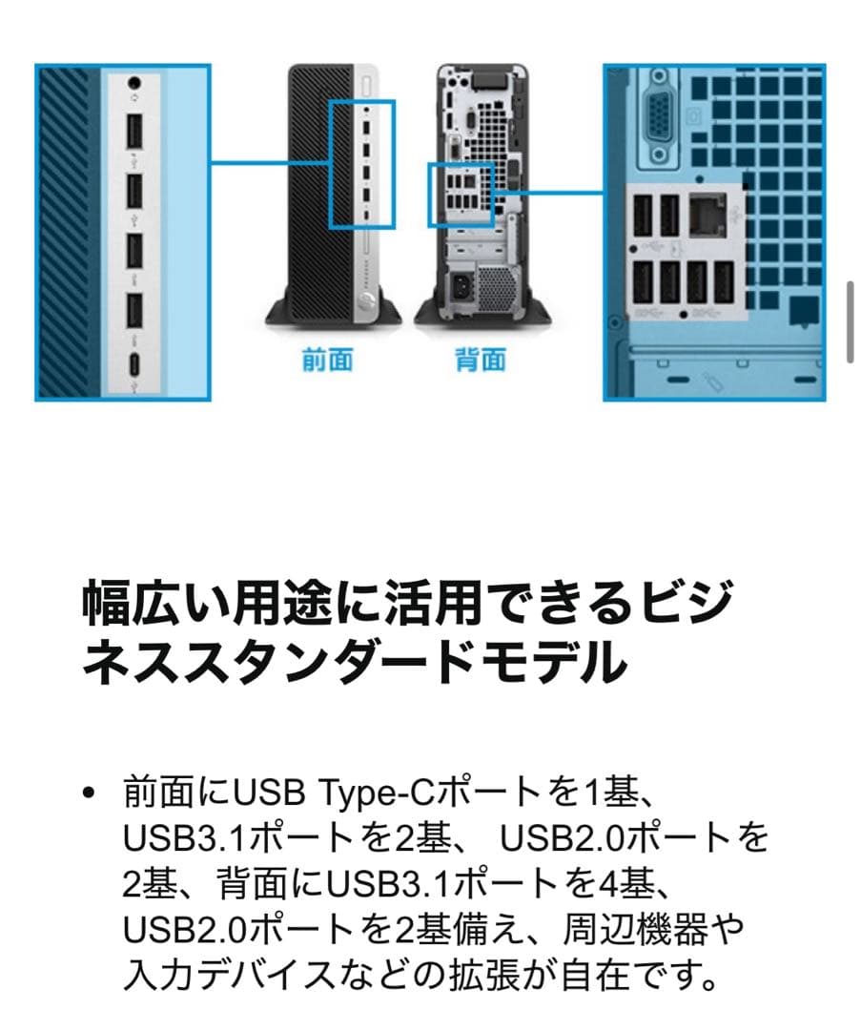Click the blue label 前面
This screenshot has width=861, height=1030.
pyautogui.click(x=328, y=360)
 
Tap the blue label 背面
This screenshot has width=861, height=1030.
pyautogui.click(x=480, y=360)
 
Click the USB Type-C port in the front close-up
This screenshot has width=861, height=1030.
pyautogui.click(x=134, y=366)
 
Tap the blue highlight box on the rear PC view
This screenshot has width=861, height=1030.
pyautogui.click(x=460, y=195)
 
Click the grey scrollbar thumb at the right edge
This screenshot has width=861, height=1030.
pyautogui.click(x=851, y=321)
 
